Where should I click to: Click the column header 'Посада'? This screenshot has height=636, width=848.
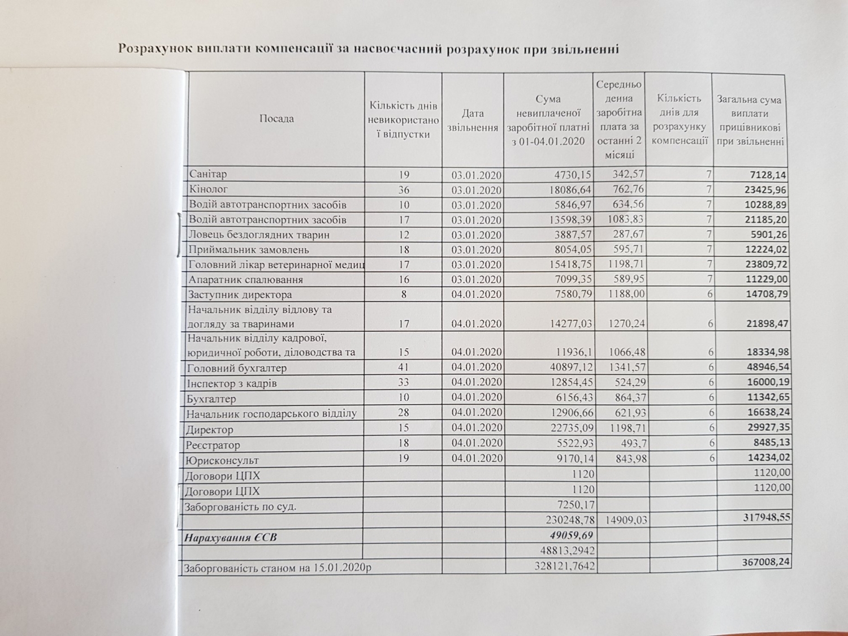pyautogui.click(x=276, y=119)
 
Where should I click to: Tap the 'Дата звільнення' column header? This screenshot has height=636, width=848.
pyautogui.click(x=473, y=120)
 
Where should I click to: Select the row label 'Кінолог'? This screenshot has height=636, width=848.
pyautogui.click(x=209, y=189)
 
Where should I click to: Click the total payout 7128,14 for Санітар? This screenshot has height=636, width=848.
pyautogui.click(x=767, y=175)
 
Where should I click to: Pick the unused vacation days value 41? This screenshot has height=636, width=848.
pyautogui.click(x=403, y=367)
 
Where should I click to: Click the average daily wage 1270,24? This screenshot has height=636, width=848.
pyautogui.click(x=626, y=323)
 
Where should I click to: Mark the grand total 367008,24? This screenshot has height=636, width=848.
pyautogui.click(x=765, y=561)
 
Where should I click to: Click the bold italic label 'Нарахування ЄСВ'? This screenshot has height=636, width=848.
pyautogui.click(x=230, y=537)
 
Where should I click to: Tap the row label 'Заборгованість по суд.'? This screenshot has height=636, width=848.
pyautogui.click(x=240, y=507)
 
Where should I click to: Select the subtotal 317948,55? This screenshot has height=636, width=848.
pyautogui.click(x=767, y=517)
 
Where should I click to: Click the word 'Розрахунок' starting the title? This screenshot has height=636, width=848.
pyautogui.click(x=155, y=49)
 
